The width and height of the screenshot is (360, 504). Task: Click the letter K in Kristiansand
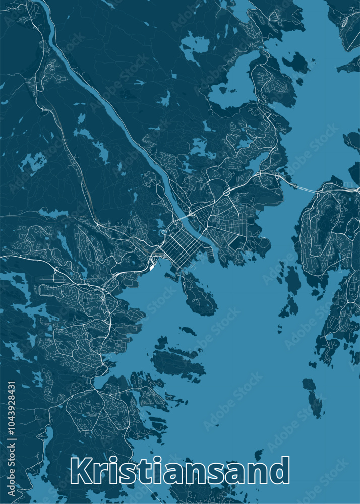[x=80, y=471]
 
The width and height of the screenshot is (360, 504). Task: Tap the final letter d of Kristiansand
[x=280, y=471]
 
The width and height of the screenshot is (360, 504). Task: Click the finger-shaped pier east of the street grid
[x=211, y=254]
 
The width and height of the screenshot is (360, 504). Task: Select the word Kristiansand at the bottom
[x=180, y=471]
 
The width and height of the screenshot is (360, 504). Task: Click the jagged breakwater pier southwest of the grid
[x=171, y=275]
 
